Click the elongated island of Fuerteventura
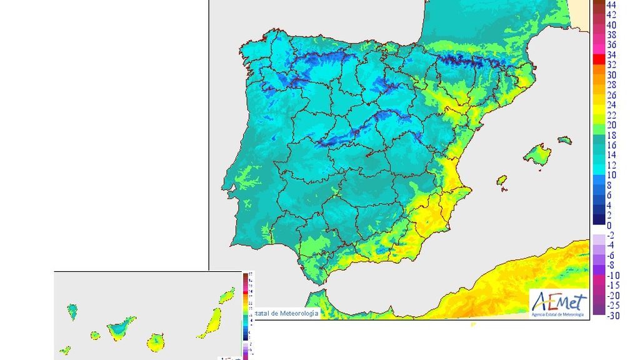point(208,321)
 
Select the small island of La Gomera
point(95,335)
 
